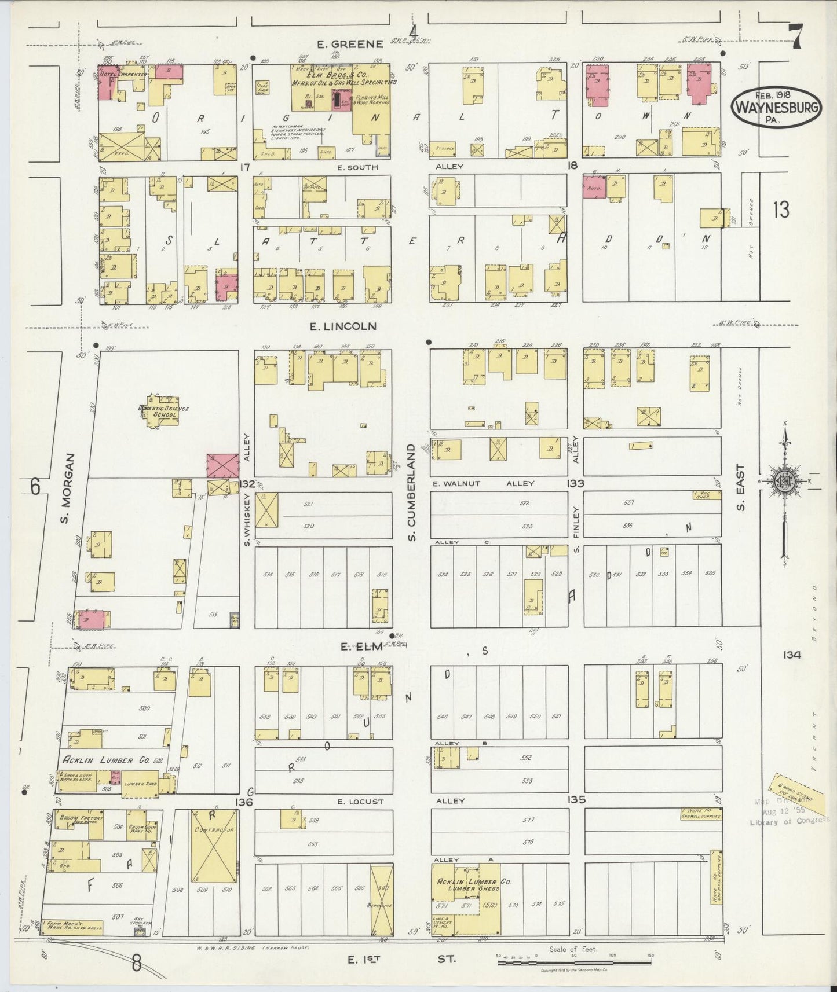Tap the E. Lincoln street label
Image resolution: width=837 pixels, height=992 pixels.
pos(343,326)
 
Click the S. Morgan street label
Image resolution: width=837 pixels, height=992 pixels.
pos(68,488)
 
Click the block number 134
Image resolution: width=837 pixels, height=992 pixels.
pos(791,655)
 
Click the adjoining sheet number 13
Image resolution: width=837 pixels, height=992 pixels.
pos(780,210)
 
